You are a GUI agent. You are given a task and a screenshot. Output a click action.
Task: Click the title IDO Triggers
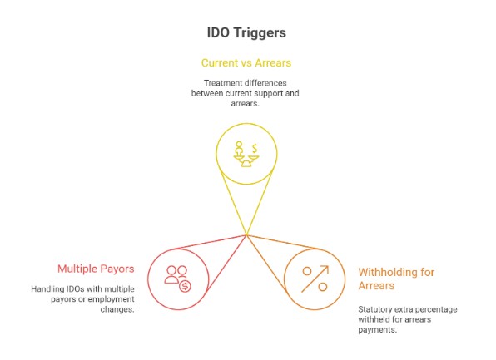tap(247, 33)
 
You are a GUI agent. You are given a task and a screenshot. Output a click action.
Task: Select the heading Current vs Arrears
tap(247, 62)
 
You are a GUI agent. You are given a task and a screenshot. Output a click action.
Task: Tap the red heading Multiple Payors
tap(95, 269)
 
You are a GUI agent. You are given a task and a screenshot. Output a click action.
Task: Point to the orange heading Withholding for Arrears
tap(396, 279)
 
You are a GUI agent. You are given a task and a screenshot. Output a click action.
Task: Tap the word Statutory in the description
tap(375, 309)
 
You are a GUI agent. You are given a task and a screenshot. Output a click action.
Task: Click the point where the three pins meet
tap(247, 236)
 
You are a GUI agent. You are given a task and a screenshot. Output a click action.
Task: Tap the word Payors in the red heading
tap(117, 269)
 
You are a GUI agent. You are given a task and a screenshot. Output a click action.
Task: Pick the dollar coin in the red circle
tap(185, 286)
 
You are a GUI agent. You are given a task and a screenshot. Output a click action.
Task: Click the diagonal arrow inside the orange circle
tap(315, 279)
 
